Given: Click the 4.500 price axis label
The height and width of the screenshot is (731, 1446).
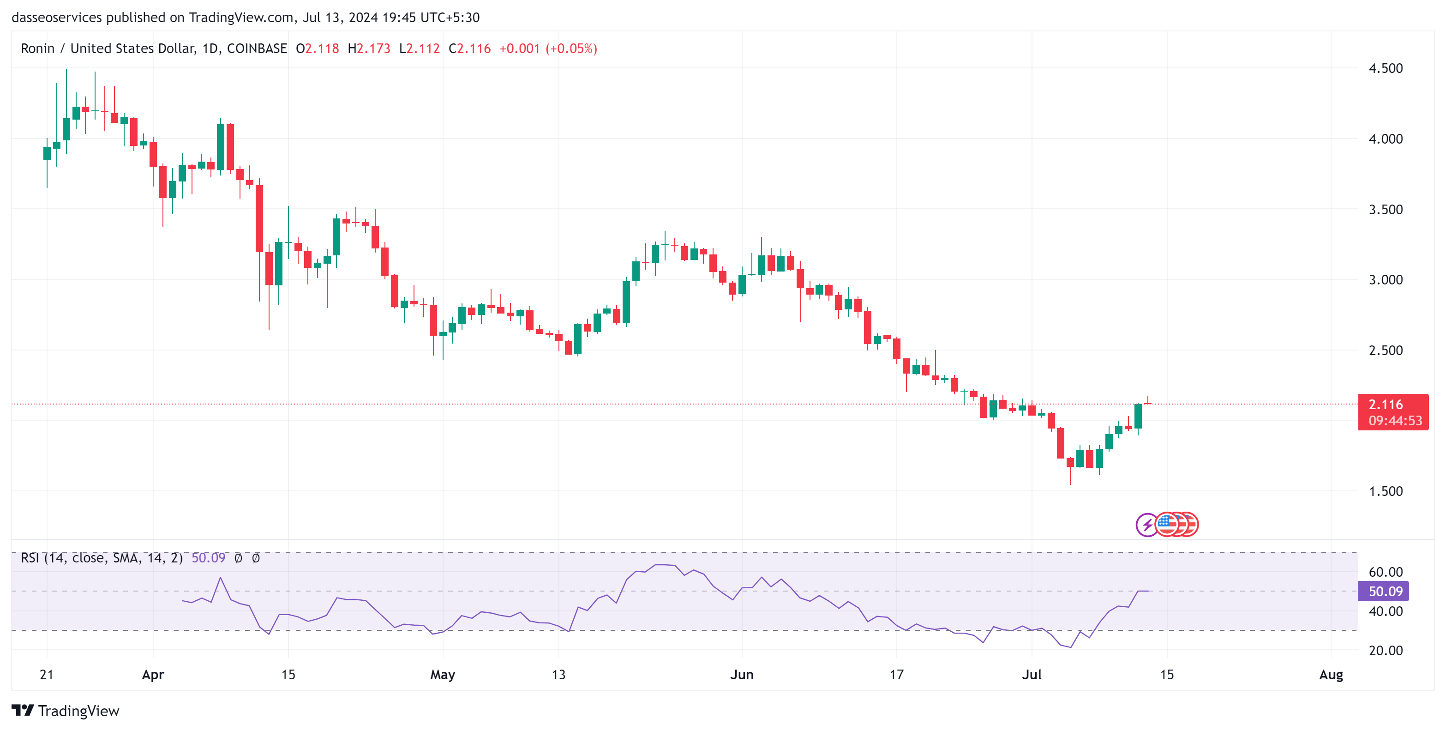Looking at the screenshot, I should [1386, 68].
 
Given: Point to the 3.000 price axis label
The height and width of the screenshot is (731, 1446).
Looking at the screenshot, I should [1386, 279].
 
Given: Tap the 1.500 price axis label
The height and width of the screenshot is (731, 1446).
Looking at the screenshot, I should [1386, 491].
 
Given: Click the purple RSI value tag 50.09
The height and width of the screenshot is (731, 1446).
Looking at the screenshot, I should [1386, 591].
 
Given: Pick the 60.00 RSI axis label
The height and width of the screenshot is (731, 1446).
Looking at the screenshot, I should [1386, 572].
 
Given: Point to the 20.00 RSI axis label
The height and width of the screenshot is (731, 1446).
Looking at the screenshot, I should [1386, 651].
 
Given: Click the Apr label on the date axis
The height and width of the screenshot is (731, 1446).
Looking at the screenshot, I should [153, 674].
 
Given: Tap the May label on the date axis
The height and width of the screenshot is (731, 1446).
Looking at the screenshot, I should [442, 674].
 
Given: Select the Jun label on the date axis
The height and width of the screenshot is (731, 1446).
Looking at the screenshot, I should [742, 674].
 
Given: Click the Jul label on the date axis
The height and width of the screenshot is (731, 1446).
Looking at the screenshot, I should [1031, 674].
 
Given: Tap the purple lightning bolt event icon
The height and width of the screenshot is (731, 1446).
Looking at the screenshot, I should [1147, 525].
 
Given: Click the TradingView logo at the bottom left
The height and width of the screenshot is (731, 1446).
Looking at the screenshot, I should [65, 711].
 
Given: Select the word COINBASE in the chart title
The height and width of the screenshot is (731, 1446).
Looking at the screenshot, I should [257, 49].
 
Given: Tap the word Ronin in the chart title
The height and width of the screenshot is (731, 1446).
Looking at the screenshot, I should [37, 49].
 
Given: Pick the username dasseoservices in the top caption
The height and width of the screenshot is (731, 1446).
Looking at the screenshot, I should [57, 18].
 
